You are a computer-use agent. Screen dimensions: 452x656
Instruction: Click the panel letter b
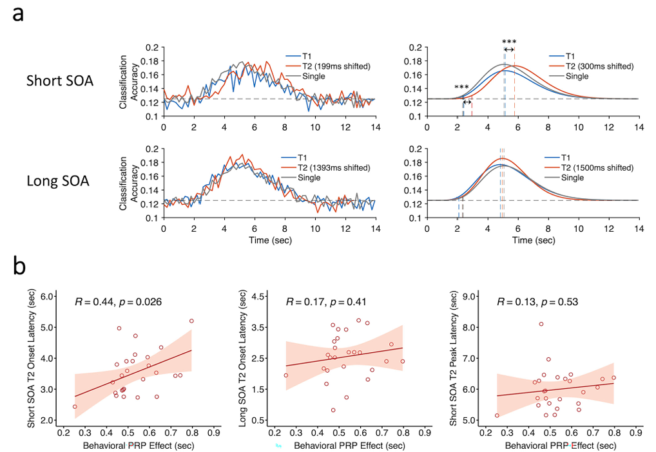click(19, 266)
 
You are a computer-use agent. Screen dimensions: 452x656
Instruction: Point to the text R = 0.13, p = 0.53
click(537, 301)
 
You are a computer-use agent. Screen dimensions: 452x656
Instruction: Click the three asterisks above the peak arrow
click(509, 42)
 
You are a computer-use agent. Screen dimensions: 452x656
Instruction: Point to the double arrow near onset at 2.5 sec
click(467, 102)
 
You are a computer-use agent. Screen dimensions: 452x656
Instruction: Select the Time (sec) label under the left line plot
click(267, 240)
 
